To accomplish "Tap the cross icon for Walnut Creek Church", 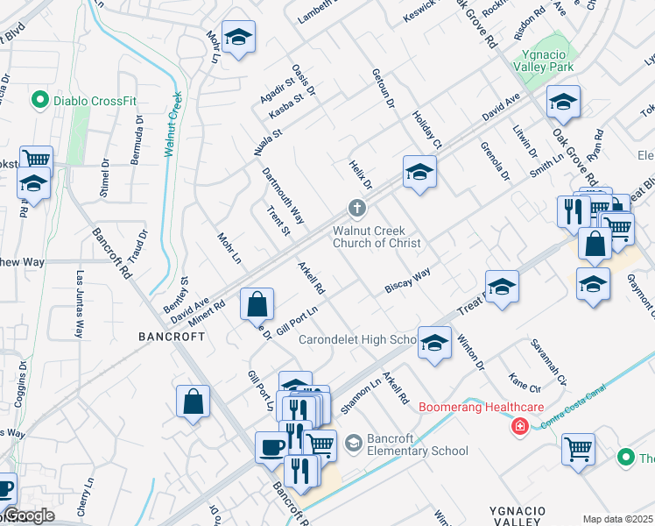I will coord(356,209).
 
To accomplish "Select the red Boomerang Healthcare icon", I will coord(520,426).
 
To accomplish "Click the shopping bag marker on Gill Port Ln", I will coord(257,306).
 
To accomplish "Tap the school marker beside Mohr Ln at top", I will coord(237,38).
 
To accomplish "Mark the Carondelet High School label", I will coord(356,339).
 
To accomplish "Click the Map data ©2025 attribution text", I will coord(617,519).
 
